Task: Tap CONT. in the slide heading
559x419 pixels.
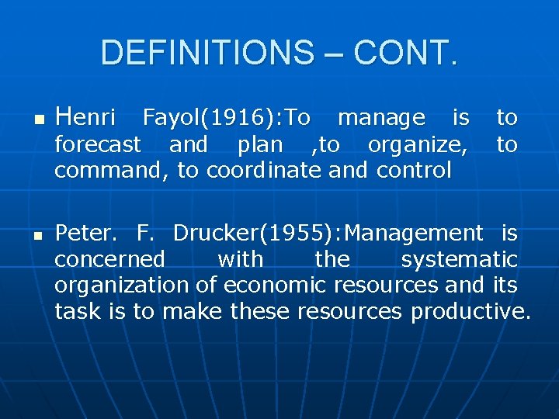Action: (x=405, y=53)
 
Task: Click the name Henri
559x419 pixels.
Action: (x=86, y=118)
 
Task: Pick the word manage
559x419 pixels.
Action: (x=381, y=118)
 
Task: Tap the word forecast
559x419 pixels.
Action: (x=98, y=144)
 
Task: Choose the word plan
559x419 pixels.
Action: (x=260, y=144)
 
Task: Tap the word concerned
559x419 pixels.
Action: (x=109, y=259)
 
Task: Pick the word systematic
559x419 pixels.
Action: (x=459, y=259)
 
